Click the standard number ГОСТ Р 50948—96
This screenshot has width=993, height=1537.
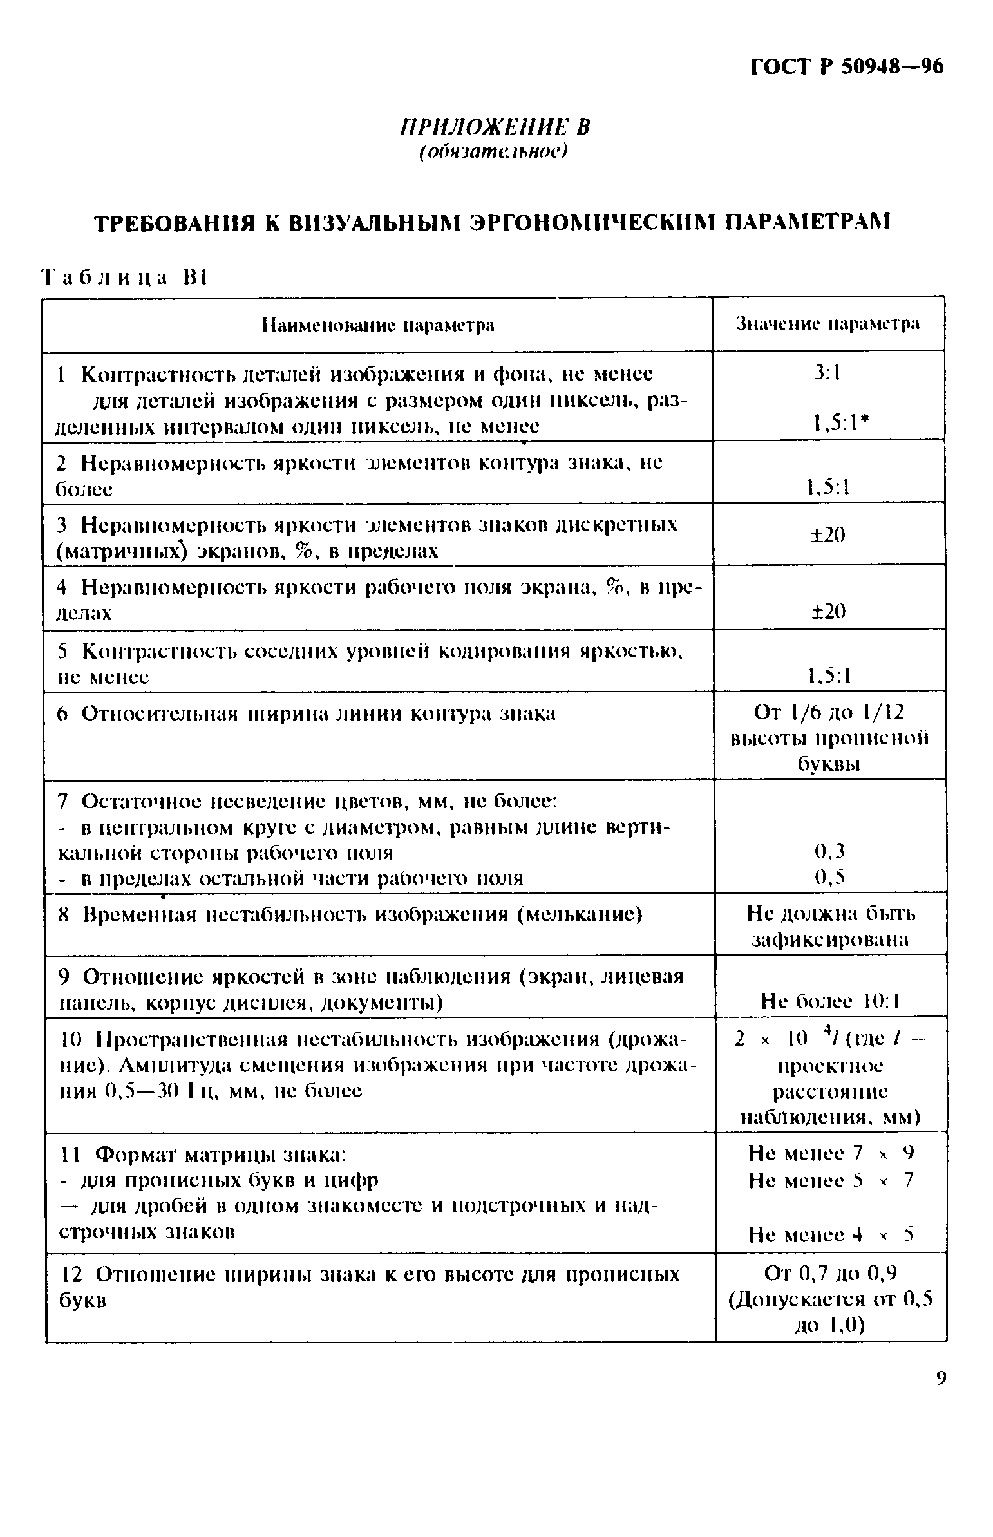point(847,67)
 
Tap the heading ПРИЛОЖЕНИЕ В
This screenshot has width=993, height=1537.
point(495,127)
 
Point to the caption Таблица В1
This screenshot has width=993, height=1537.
point(123,278)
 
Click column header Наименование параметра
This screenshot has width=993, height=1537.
point(378,325)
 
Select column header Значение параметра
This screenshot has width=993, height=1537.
point(828,325)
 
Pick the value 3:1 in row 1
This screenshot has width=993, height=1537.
point(828,373)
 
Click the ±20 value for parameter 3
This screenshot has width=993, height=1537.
point(828,534)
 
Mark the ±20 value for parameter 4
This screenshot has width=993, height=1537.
point(828,610)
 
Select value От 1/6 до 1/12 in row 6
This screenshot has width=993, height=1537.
point(829,712)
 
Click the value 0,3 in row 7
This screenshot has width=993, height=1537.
point(829,852)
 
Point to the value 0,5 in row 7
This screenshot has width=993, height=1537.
point(829,877)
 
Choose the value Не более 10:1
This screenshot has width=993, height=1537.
point(830,1001)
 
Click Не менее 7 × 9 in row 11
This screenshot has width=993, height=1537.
point(831,1153)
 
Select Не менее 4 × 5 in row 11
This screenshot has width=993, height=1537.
point(831,1234)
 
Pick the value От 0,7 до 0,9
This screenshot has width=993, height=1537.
point(831,1273)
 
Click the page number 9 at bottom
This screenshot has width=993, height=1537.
point(941,1379)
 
